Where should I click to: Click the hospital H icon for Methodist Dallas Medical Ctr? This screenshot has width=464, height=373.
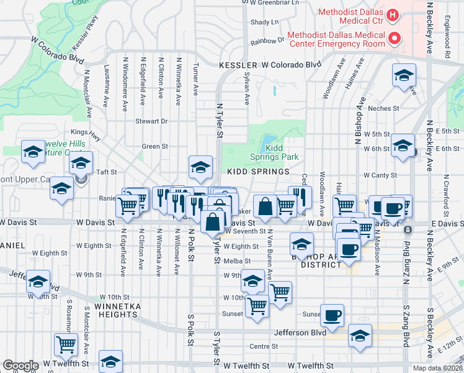391,14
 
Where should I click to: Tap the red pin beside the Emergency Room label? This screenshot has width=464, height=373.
393,39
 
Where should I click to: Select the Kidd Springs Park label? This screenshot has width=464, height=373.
282,153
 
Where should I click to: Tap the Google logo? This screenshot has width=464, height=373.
20,366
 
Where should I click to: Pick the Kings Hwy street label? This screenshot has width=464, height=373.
85,132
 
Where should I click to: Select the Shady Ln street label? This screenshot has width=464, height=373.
265,22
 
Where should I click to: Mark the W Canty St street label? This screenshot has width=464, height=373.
380,175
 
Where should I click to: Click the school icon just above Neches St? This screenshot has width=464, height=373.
404,76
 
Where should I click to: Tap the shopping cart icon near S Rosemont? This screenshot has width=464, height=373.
65,344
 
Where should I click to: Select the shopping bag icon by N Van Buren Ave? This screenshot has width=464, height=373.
265,206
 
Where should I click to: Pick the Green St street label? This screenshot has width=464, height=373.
155,147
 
